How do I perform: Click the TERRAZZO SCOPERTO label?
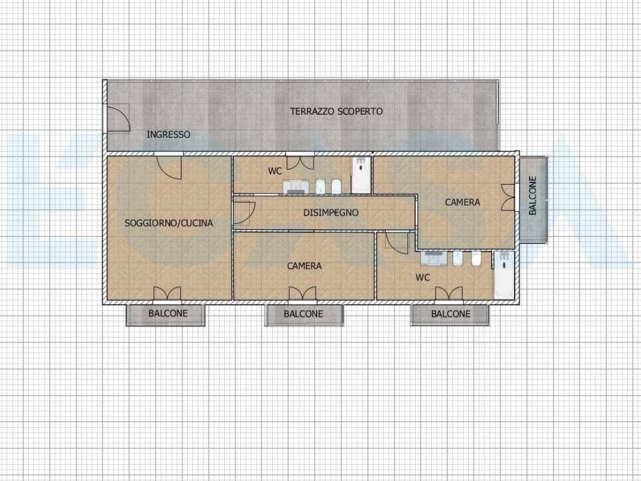336,111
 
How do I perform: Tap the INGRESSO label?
168,135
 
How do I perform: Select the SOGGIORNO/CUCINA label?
168,224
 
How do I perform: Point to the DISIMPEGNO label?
331,213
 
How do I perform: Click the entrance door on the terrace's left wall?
118,118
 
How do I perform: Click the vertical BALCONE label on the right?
533,195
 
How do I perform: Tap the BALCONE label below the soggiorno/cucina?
168,314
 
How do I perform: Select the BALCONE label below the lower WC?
451,314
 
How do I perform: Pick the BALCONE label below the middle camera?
304,314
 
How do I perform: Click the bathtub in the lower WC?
504,276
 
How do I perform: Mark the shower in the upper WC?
361,175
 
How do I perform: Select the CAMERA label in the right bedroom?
463,202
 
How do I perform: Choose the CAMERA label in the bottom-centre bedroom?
304,266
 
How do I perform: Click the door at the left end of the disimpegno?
244,213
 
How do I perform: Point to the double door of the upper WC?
300,162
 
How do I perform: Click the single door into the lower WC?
396,243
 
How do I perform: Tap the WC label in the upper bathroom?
275,172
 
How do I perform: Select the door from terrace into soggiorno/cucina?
169,167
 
